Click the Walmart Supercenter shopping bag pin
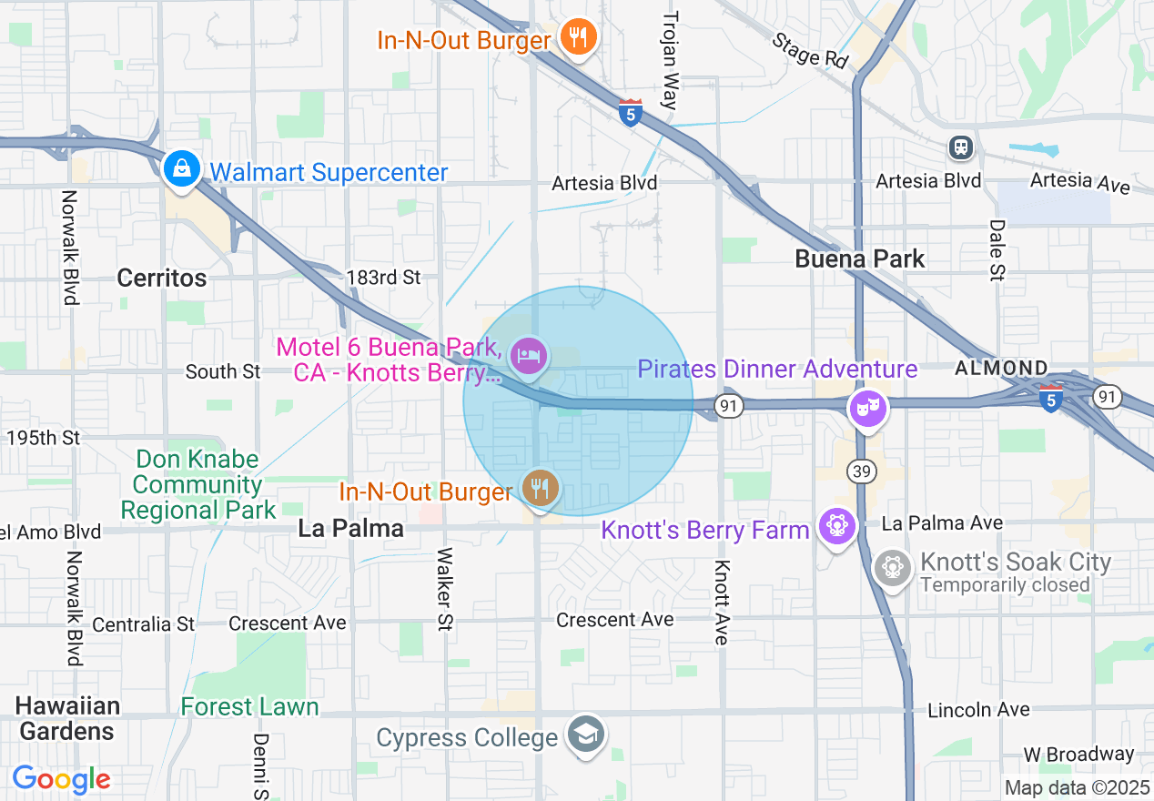coord(182,168)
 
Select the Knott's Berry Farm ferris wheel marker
coord(836,525)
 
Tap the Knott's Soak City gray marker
coord(893,568)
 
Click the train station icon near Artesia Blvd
coord(960,147)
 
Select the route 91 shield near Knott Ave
coord(728,408)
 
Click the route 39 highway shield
coord(860,471)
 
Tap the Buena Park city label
coord(859,259)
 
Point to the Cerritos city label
coord(162,278)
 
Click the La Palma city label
coord(350,528)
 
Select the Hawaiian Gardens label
coord(67,718)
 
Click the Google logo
coord(61,779)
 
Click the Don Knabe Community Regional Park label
coord(197,485)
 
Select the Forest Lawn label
coord(249,707)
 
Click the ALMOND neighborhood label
coord(1000,368)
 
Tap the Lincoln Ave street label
coord(978,709)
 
